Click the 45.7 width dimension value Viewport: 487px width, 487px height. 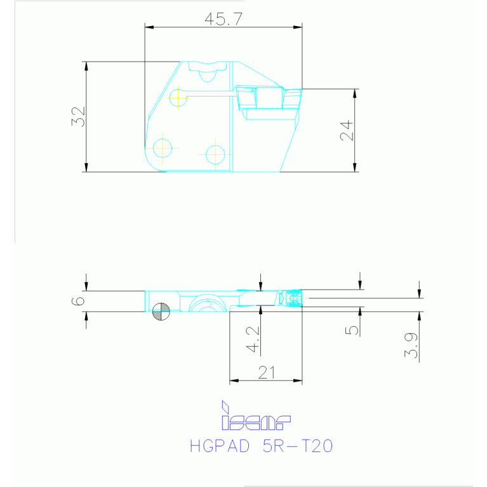[x=223, y=19]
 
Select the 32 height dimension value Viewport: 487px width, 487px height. [x=78, y=117]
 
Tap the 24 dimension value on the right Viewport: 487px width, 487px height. [x=345, y=131]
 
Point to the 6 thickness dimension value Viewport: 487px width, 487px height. [x=78, y=300]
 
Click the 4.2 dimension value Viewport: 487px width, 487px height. [x=253, y=339]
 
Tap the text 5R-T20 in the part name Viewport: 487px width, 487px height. [x=297, y=446]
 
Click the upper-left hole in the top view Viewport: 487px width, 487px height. [x=178, y=98]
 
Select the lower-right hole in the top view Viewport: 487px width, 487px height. [x=215, y=153]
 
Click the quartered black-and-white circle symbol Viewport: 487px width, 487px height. [x=161, y=311]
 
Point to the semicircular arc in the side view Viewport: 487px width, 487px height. [x=206, y=304]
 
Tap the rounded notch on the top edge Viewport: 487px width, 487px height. [x=208, y=73]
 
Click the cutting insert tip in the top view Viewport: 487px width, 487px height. [x=293, y=98]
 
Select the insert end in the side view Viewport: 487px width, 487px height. [x=293, y=298]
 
